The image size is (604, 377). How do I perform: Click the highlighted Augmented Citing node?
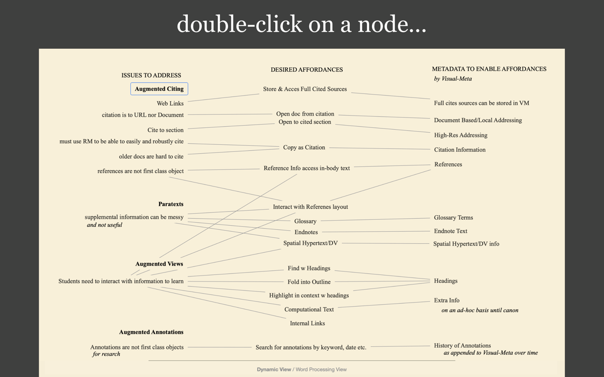tap(159, 89)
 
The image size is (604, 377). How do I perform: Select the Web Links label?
tap(170, 104)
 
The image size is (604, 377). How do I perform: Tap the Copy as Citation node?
tap(304, 147)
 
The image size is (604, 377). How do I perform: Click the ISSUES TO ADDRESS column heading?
tap(151, 75)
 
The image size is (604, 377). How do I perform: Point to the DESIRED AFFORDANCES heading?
tap(307, 69)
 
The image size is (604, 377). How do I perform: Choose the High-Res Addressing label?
tap(461, 135)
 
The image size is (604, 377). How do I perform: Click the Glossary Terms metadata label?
tap(454, 218)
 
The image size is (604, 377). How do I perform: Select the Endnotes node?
tap(306, 232)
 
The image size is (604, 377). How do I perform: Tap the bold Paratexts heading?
tap(171, 204)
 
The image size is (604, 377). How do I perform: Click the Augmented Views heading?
tap(159, 264)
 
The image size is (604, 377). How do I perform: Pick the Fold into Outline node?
tap(309, 281)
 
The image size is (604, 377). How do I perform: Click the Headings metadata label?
tap(445, 281)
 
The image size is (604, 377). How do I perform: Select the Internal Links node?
tap(307, 323)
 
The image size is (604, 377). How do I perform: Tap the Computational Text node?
tap(309, 310)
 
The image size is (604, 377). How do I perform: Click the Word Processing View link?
tap(321, 369)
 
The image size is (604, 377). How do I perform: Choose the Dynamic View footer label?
tap(274, 369)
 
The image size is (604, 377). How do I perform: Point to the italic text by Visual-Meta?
tap(452, 78)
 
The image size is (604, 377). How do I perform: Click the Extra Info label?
tap(446, 300)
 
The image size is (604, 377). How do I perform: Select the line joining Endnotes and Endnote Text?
tap(376, 232)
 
